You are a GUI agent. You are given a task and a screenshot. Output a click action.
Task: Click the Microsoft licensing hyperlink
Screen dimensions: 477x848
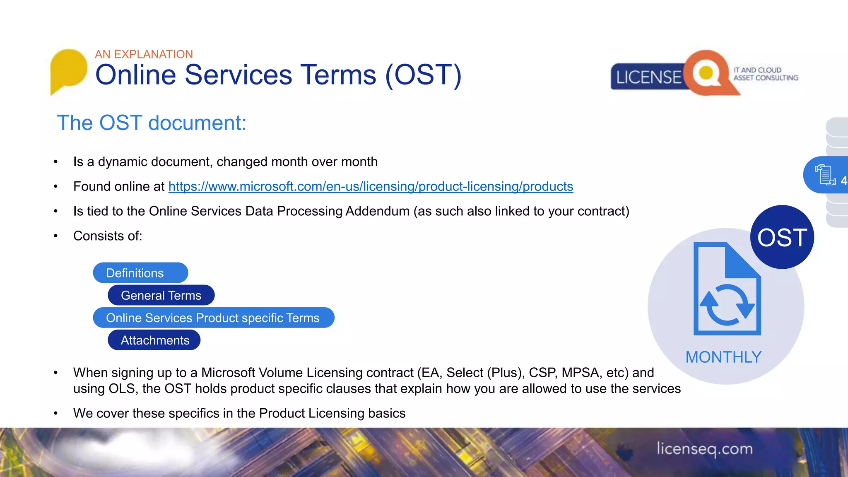click(371, 187)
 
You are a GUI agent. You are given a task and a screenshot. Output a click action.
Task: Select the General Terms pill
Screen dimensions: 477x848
click(161, 295)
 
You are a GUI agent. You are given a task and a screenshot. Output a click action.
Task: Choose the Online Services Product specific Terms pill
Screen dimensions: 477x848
click(213, 318)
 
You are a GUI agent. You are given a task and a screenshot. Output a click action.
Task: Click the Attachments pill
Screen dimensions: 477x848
click(154, 340)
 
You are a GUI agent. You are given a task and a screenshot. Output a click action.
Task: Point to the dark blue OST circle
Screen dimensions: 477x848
click(782, 237)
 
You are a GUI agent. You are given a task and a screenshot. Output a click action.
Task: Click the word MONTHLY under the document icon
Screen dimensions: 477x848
click(723, 357)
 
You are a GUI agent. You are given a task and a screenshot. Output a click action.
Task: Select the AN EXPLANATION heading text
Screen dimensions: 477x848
click(144, 54)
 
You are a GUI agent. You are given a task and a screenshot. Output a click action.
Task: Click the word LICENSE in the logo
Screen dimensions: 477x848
click(648, 77)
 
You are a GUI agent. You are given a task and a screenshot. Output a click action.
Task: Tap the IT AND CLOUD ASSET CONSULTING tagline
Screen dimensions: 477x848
click(765, 74)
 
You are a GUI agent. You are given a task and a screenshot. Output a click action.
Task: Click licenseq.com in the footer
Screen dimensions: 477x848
click(704, 449)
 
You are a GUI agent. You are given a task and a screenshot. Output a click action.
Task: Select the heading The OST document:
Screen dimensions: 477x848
click(152, 123)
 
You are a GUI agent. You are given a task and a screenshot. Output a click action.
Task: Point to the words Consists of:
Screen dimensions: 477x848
click(108, 236)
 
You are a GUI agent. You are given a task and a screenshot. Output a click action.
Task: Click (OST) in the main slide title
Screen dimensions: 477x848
click(423, 75)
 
